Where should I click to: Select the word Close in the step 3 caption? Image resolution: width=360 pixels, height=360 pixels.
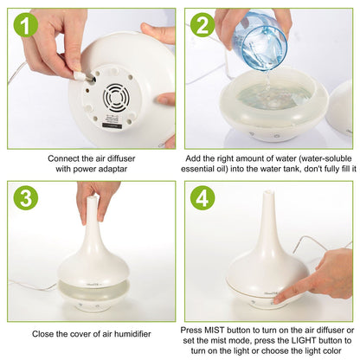pos(45,333)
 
